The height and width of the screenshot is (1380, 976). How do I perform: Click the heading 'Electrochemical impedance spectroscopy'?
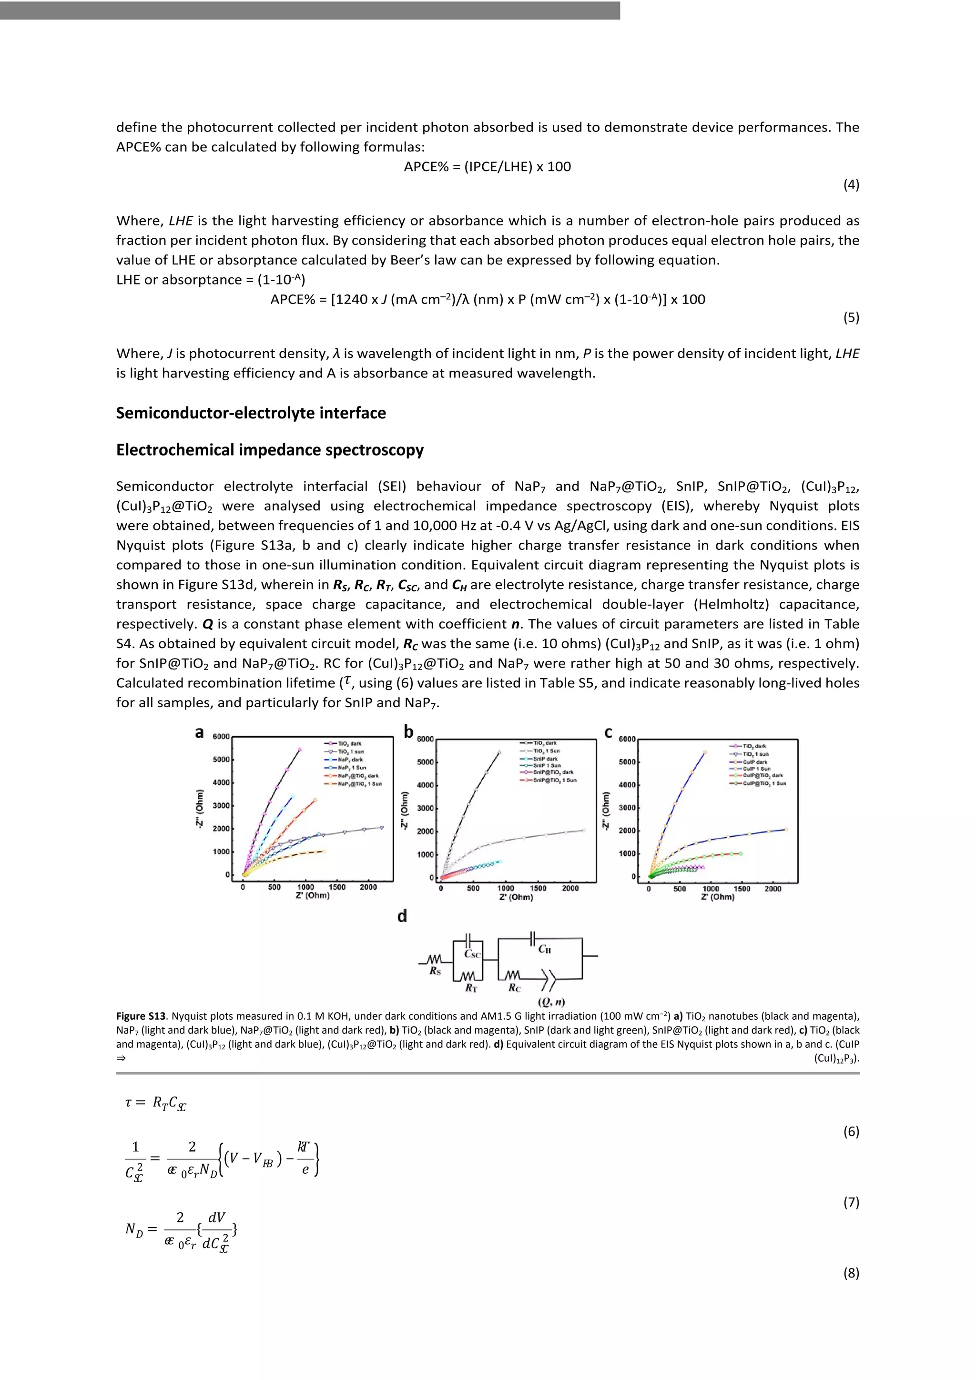point(270,450)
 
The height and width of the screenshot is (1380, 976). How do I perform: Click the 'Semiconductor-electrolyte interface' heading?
point(251,413)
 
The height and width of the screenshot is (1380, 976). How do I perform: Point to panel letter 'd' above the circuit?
point(402,916)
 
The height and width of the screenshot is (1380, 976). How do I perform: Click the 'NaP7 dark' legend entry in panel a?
point(350,760)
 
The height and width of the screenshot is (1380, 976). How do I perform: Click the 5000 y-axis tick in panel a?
point(221,760)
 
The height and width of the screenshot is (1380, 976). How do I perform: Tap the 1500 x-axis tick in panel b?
point(538,888)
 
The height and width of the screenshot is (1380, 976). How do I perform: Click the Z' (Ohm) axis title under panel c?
point(718,897)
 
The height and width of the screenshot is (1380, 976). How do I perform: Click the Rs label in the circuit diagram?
point(435,971)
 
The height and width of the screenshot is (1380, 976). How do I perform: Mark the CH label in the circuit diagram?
point(545,949)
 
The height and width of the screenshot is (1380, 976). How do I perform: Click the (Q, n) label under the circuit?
point(550,1002)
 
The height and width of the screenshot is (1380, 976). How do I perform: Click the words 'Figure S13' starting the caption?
point(141,1016)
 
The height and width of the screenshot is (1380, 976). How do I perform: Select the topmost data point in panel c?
point(704,752)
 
